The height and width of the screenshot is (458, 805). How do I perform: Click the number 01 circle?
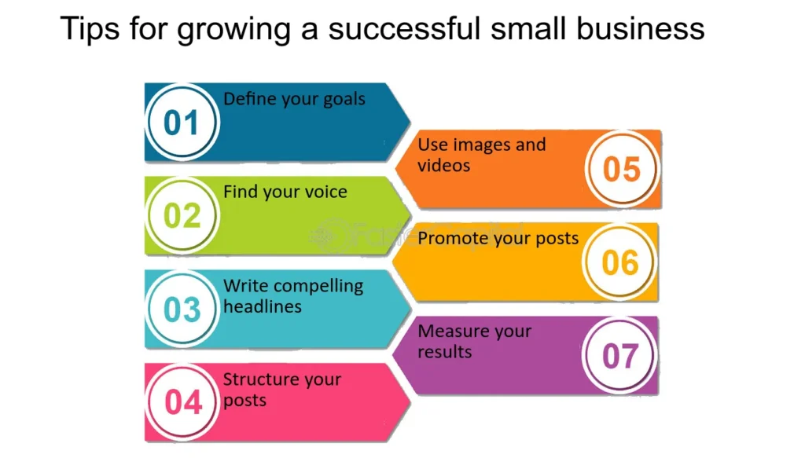click(x=182, y=122)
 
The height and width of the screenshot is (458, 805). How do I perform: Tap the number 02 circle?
click(x=182, y=215)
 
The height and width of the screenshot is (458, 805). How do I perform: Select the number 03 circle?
click(x=182, y=309)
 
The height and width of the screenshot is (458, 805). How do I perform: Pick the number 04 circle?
click(x=182, y=402)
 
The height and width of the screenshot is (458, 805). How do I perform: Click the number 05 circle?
click(x=622, y=169)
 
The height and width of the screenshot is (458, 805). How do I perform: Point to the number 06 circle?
click(x=620, y=262)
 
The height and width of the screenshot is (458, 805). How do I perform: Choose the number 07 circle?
click(x=620, y=355)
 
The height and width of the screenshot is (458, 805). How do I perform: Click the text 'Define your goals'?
click(x=294, y=99)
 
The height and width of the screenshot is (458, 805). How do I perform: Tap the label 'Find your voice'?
click(x=285, y=192)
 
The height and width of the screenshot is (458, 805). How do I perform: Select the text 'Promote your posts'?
click(x=498, y=239)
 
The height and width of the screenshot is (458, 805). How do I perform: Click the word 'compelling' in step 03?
click(x=320, y=286)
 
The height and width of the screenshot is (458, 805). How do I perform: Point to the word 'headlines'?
click(x=263, y=306)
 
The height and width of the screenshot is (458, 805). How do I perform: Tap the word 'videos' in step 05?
click(x=443, y=166)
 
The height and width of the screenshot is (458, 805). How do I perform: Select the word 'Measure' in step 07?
click(x=447, y=331)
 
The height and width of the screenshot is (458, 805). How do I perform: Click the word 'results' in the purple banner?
click(x=445, y=352)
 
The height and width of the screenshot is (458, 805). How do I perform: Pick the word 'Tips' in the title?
click(x=90, y=29)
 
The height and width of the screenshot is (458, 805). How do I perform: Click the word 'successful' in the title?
click(x=405, y=28)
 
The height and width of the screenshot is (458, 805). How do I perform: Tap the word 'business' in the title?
click(x=640, y=28)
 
